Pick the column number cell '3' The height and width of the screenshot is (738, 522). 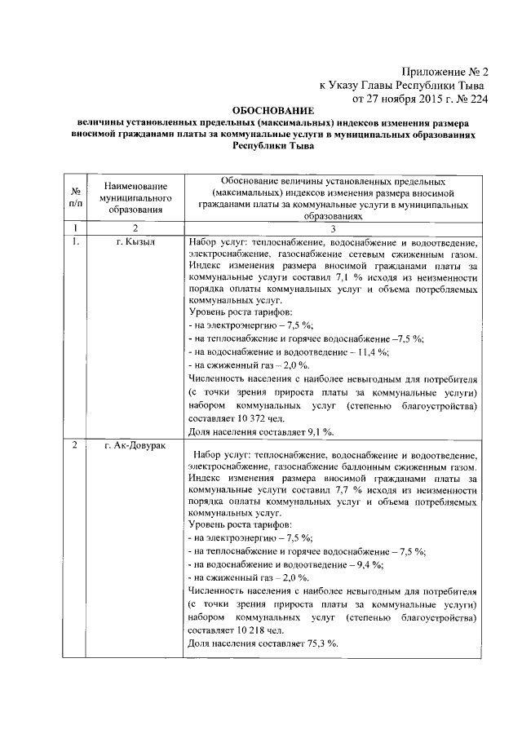click(x=332, y=228)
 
